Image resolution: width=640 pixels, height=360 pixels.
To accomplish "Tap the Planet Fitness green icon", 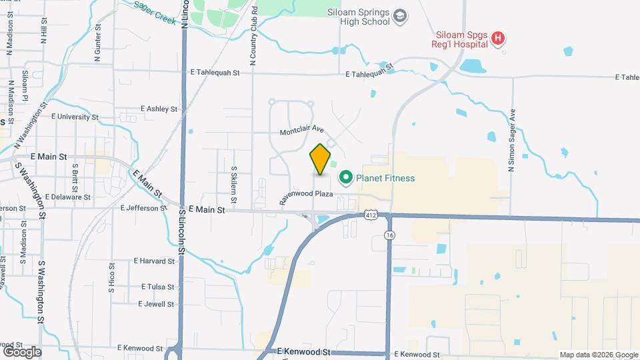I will (346, 178).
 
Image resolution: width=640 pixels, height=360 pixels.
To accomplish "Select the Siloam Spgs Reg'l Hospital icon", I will (497, 39).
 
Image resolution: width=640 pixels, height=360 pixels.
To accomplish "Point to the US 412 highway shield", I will (372, 215).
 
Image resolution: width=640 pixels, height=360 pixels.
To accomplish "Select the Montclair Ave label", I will (301, 131).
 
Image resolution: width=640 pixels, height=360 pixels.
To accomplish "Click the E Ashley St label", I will (159, 109).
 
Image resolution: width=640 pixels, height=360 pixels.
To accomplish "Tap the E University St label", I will (75, 117).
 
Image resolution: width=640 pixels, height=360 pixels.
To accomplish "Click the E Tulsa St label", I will (157, 287).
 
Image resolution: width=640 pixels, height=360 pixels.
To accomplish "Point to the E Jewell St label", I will (156, 304).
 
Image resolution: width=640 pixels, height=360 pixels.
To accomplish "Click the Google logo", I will (22, 351).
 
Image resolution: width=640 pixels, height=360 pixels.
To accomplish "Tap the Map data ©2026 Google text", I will (598, 355).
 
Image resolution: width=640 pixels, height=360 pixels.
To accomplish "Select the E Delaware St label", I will (69, 197).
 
